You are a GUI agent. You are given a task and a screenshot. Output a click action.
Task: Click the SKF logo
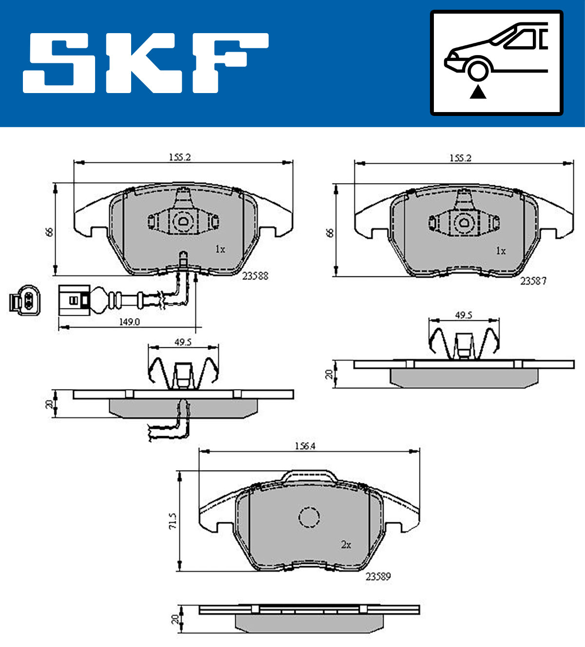click(x=146, y=63)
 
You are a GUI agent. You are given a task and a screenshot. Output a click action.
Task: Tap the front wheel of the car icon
click(x=478, y=70)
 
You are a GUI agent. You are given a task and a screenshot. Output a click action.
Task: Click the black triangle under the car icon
click(x=478, y=92)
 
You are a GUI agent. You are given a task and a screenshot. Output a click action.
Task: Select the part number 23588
click(x=255, y=276)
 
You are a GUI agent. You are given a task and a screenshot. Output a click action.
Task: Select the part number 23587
click(x=533, y=281)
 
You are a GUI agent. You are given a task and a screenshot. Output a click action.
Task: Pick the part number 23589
click(x=378, y=576)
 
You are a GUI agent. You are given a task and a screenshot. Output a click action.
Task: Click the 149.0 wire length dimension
click(x=130, y=322)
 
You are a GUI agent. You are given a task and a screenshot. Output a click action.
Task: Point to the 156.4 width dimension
click(x=305, y=446)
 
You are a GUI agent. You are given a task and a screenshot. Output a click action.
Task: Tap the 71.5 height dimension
click(x=173, y=521)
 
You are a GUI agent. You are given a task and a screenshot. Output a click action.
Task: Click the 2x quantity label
click(x=346, y=545)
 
